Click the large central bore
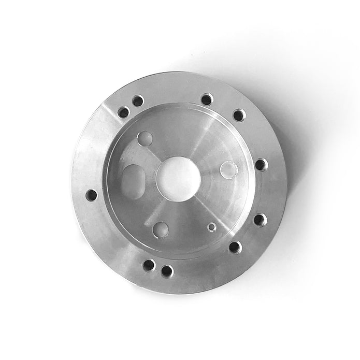(x=178, y=178)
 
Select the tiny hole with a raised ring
(x=211, y=226)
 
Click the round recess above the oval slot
(x=145, y=138)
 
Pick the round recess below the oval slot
(x=161, y=228)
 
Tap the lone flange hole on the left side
(x=91, y=195)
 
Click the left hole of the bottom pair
(x=149, y=265)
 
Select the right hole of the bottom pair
(x=167, y=271)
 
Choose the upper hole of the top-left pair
(x=138, y=100)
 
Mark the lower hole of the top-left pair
(x=123, y=112)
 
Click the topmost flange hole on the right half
(x=207, y=99)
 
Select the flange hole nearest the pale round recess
(x=261, y=165)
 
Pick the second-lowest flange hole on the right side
(x=260, y=220)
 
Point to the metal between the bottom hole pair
(x=157, y=268)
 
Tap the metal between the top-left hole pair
(x=131, y=106)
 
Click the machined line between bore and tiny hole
(x=196, y=205)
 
